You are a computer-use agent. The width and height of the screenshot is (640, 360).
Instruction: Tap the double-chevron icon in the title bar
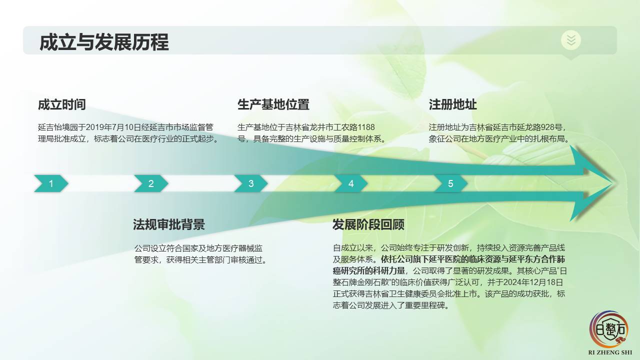[571, 40]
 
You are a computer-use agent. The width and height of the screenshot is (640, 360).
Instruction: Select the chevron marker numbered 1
[51, 183]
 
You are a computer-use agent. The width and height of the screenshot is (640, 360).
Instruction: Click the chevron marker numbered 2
[151, 183]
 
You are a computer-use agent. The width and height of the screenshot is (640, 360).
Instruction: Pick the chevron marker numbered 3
[251, 183]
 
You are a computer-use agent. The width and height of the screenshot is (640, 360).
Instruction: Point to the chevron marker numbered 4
[351, 183]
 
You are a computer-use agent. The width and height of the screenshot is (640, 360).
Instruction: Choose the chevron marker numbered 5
[450, 183]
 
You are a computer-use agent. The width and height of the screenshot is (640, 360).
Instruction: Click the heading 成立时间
[61, 104]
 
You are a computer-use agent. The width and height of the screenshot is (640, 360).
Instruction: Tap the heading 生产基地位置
[273, 104]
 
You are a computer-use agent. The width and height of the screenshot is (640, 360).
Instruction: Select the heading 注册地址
[452, 104]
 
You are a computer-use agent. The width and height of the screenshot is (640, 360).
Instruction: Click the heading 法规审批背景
[169, 224]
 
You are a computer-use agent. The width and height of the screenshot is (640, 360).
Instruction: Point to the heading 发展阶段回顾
[368, 224]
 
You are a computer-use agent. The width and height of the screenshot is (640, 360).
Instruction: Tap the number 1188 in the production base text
[366, 127]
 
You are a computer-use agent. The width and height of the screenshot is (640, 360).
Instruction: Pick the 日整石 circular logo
[609, 329]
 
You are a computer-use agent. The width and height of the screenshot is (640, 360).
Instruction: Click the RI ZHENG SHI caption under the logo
[610, 352]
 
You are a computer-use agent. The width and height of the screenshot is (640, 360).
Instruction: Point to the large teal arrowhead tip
[614, 183]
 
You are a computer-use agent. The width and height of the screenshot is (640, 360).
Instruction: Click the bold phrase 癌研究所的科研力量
[369, 271]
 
